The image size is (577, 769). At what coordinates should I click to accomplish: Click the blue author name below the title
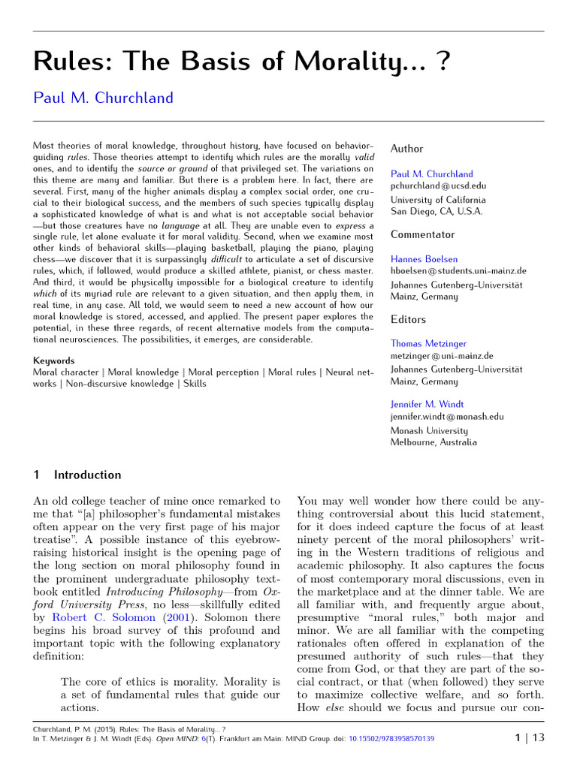[104, 98]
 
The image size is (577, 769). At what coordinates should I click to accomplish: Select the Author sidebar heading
[406, 149]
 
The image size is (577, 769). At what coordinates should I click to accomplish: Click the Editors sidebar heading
[408, 319]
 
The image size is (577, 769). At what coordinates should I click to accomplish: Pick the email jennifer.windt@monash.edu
[447, 416]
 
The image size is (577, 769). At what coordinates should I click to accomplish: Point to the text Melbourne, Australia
[434, 442]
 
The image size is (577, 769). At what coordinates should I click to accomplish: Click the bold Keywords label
[54, 360]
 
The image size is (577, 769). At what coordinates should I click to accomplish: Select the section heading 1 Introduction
[77, 475]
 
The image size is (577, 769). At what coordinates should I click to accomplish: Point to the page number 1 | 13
[529, 738]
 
